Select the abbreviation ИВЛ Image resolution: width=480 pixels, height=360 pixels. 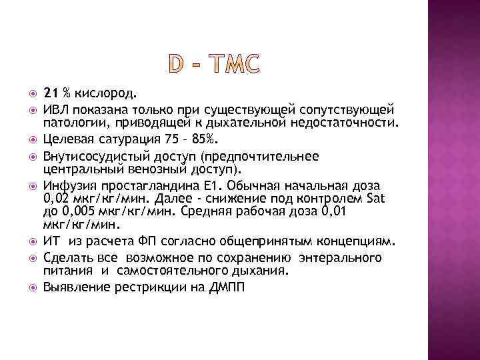[56, 108]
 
